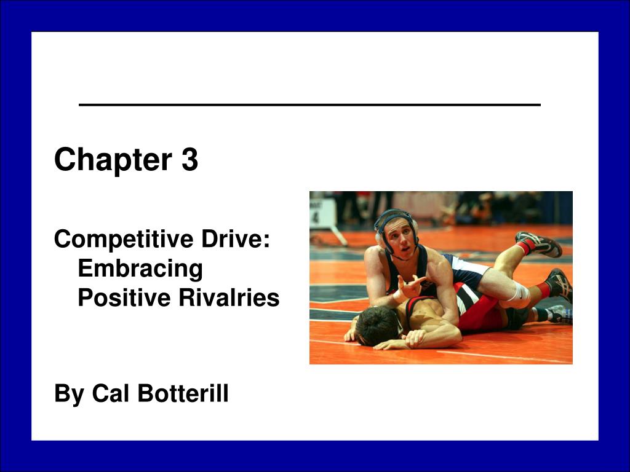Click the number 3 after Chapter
tap(189, 160)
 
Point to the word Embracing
tap(140, 269)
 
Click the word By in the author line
tap(69, 393)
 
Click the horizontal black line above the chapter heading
tap(309, 105)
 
